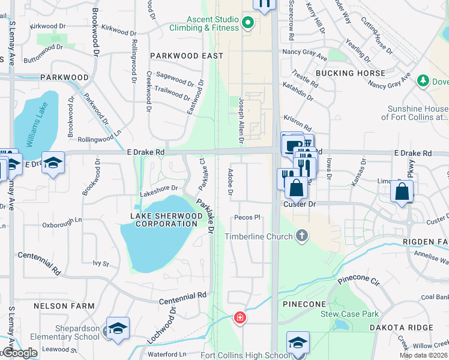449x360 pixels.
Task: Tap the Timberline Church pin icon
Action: [x=302, y=236]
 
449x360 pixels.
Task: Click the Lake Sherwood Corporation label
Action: [x=164, y=220]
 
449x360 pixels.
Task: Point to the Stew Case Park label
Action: [x=358, y=314]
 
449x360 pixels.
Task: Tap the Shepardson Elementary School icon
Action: [x=118, y=329]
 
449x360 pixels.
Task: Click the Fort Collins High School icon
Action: [x=297, y=343]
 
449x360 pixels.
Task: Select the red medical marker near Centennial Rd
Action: [x=240, y=317]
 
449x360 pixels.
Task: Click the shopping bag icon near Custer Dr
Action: [x=296, y=188]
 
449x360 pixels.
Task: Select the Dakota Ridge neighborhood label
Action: [x=400, y=327]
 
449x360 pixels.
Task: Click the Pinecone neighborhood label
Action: [x=301, y=304]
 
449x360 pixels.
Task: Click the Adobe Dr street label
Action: [x=230, y=182]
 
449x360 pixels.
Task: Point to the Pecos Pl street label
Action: [x=247, y=218]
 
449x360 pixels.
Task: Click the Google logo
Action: [x=19, y=353]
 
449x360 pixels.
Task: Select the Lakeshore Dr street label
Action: [x=158, y=188]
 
